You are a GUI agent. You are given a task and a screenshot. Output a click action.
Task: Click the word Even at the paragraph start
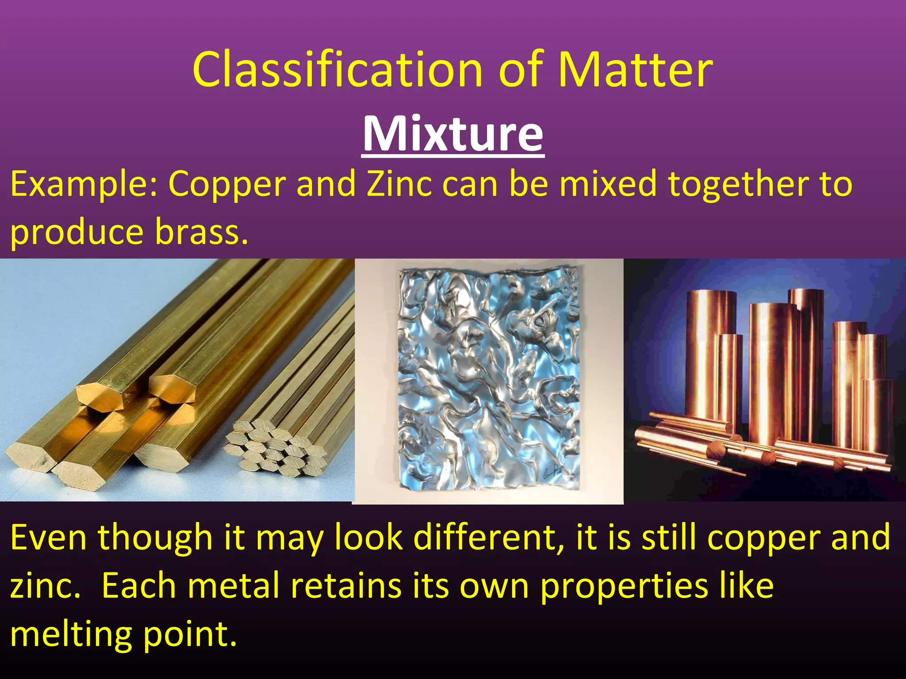[x=49, y=538]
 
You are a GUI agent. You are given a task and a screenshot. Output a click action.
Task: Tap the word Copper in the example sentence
[x=227, y=184]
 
